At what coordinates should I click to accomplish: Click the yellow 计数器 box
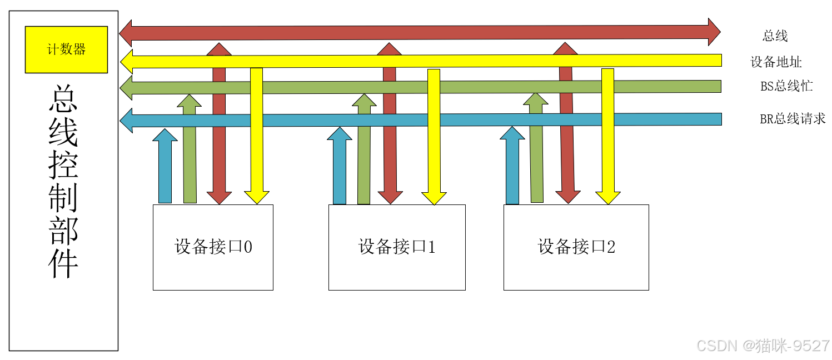click(66, 49)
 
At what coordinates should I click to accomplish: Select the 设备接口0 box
click(213, 247)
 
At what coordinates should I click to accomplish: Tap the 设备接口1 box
click(397, 247)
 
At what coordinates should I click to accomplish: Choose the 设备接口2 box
click(576, 247)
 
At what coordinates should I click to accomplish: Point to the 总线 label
click(775, 37)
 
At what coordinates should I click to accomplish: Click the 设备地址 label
click(776, 62)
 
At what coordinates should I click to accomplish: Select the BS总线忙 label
click(786, 87)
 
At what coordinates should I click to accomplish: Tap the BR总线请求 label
click(793, 119)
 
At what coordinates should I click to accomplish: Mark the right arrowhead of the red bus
click(714, 32)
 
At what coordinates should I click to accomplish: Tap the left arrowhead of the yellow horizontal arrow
click(127, 62)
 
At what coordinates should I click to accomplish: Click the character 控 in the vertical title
click(63, 166)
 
